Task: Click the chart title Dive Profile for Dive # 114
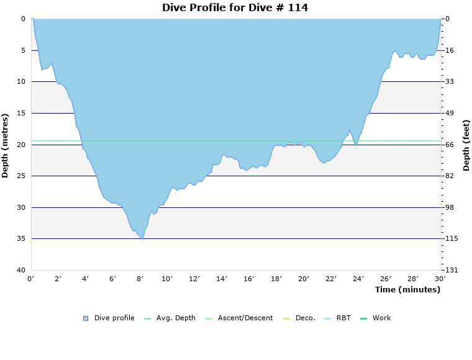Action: [235, 8]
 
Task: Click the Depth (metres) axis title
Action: [6, 145]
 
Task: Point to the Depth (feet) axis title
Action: [466, 145]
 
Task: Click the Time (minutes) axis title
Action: [407, 289]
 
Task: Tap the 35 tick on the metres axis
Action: [21, 239]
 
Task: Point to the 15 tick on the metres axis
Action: [21, 113]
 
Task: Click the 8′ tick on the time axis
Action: [140, 279]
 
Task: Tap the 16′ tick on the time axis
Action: [250, 279]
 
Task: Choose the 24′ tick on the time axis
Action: [358, 279]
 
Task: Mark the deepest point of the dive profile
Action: [143, 238]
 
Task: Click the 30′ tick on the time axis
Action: [440, 279]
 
